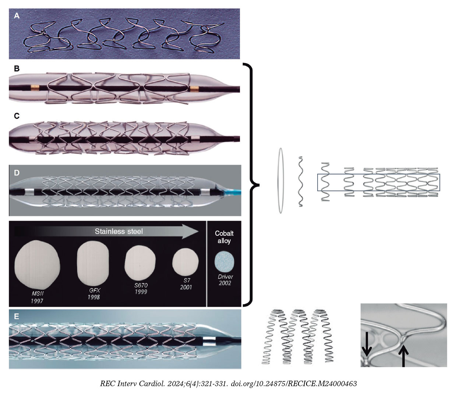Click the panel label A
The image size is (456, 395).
pyautogui.click(x=17, y=16)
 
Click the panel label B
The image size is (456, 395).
pyautogui.click(x=17, y=69)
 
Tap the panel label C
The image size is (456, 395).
pyautogui.click(x=17, y=116)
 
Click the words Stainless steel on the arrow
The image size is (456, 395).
pyautogui.click(x=119, y=231)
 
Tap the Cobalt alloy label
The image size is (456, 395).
pyautogui.click(x=224, y=237)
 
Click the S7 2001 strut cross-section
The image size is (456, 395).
pyautogui.click(x=185, y=263)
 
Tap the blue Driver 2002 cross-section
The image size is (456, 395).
pyautogui.click(x=225, y=262)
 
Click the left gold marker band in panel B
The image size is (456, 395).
pyautogui.click(x=35, y=88)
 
